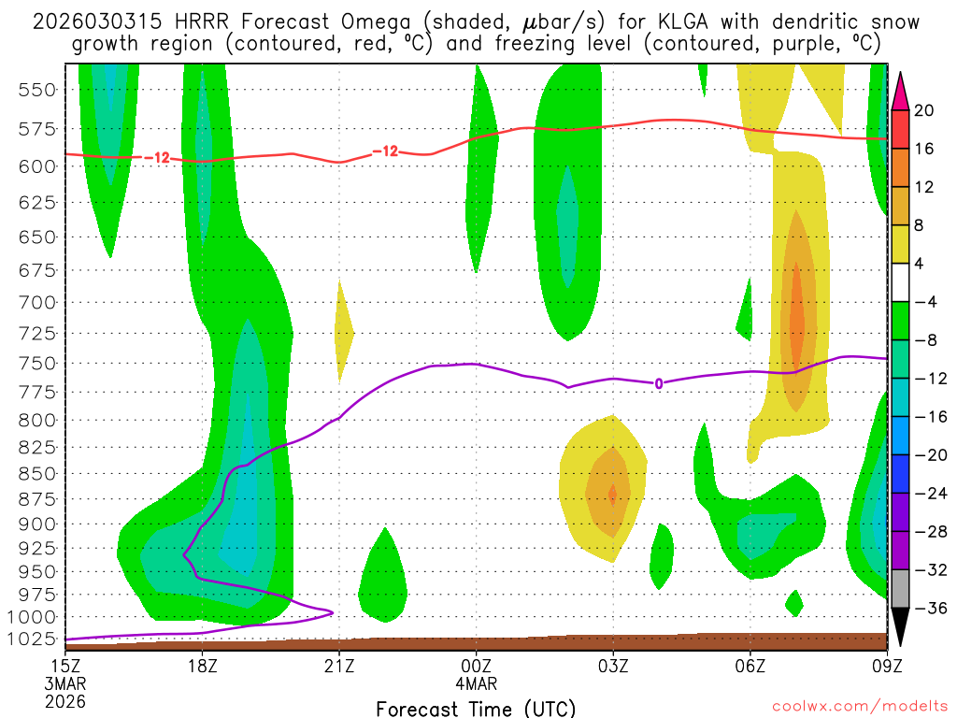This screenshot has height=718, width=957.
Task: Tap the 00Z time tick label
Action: pos(476,667)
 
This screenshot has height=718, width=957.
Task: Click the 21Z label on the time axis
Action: pos(338,667)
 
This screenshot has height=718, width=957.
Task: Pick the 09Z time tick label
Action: pos(886,667)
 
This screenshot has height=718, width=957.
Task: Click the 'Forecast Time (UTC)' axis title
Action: pos(476,708)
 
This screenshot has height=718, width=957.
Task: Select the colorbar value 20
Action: pos(923,110)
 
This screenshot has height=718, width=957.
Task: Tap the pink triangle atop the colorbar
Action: pos(901,90)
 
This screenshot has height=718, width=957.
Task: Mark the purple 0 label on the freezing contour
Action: pos(659,383)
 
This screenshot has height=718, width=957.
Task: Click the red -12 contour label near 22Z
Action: pos(385,151)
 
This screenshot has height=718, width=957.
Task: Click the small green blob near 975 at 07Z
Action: pos(794,603)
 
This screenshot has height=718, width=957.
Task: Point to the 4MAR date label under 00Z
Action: pos(476,683)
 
